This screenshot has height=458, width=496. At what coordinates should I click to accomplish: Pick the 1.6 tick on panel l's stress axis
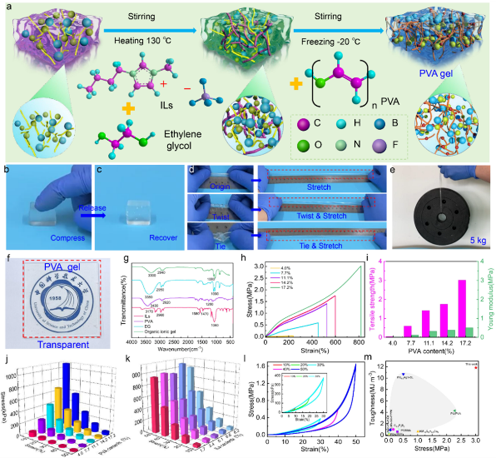(258, 366)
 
